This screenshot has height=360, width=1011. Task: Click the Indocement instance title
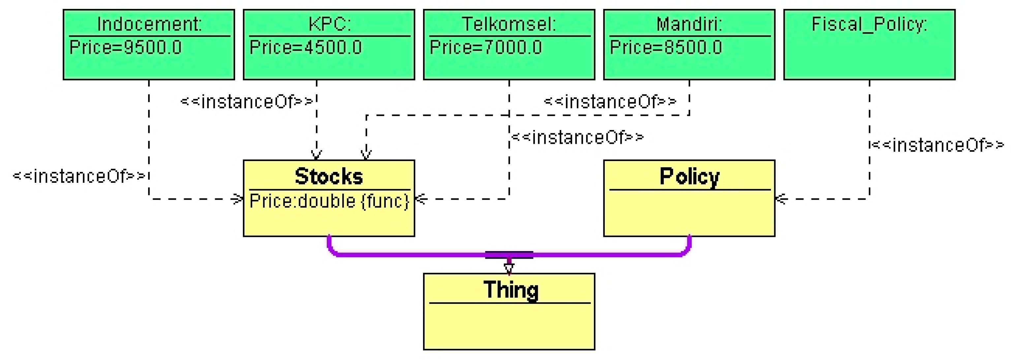pos(149,24)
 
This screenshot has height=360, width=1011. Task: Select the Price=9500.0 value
pos(126,48)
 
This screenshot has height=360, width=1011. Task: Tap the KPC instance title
pos(329,24)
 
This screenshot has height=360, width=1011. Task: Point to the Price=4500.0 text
pos(306,48)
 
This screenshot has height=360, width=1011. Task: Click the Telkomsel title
pos(509,24)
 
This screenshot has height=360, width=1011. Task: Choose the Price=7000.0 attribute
pos(486,48)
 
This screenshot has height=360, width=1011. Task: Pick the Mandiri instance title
pos(689,24)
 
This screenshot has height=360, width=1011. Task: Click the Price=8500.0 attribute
pos(666,48)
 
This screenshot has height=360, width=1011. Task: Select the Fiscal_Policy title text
pos(869,24)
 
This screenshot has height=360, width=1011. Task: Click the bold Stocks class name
pos(329,176)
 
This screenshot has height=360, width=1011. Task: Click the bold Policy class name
pos(689,176)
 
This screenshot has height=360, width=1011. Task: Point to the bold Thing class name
pos(510,290)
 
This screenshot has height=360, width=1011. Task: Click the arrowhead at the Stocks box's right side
pos(421,199)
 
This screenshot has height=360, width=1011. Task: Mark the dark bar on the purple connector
pos(509,255)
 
